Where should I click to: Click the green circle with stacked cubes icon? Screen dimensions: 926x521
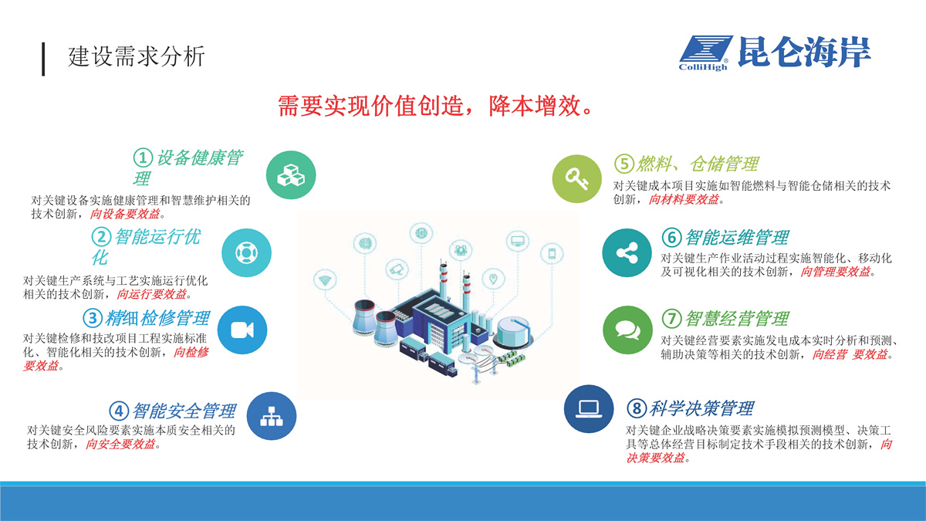tap(291, 175)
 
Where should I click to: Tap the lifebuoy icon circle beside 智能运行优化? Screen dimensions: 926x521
tap(246, 252)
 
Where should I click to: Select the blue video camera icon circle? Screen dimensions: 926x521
tap(242, 330)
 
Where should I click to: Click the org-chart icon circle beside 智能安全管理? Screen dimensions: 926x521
tap(271, 416)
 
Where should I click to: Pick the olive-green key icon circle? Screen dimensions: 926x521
tap(577, 178)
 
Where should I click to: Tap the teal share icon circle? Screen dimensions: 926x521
tap(627, 252)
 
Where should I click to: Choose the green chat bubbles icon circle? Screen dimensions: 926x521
tap(627, 330)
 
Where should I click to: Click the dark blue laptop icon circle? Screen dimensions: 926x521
tap(589, 409)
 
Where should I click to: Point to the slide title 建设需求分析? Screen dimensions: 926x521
tap(137, 56)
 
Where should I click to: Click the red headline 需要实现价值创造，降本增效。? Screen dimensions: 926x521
tap(436, 106)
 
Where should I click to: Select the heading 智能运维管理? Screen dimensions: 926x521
tap(737, 238)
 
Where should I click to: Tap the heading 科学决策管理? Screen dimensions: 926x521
tap(701, 408)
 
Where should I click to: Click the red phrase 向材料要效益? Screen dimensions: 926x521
tap(684, 199)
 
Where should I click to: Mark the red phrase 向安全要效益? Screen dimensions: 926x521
tap(120, 444)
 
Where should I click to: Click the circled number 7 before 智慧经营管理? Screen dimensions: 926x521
tap(672, 319)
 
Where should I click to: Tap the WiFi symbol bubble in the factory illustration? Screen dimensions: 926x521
tap(325, 280)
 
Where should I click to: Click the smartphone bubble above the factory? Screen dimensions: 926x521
tap(552, 253)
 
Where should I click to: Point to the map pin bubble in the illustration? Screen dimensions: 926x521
tap(493, 279)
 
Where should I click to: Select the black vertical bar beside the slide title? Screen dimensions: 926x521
tap(43, 59)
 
